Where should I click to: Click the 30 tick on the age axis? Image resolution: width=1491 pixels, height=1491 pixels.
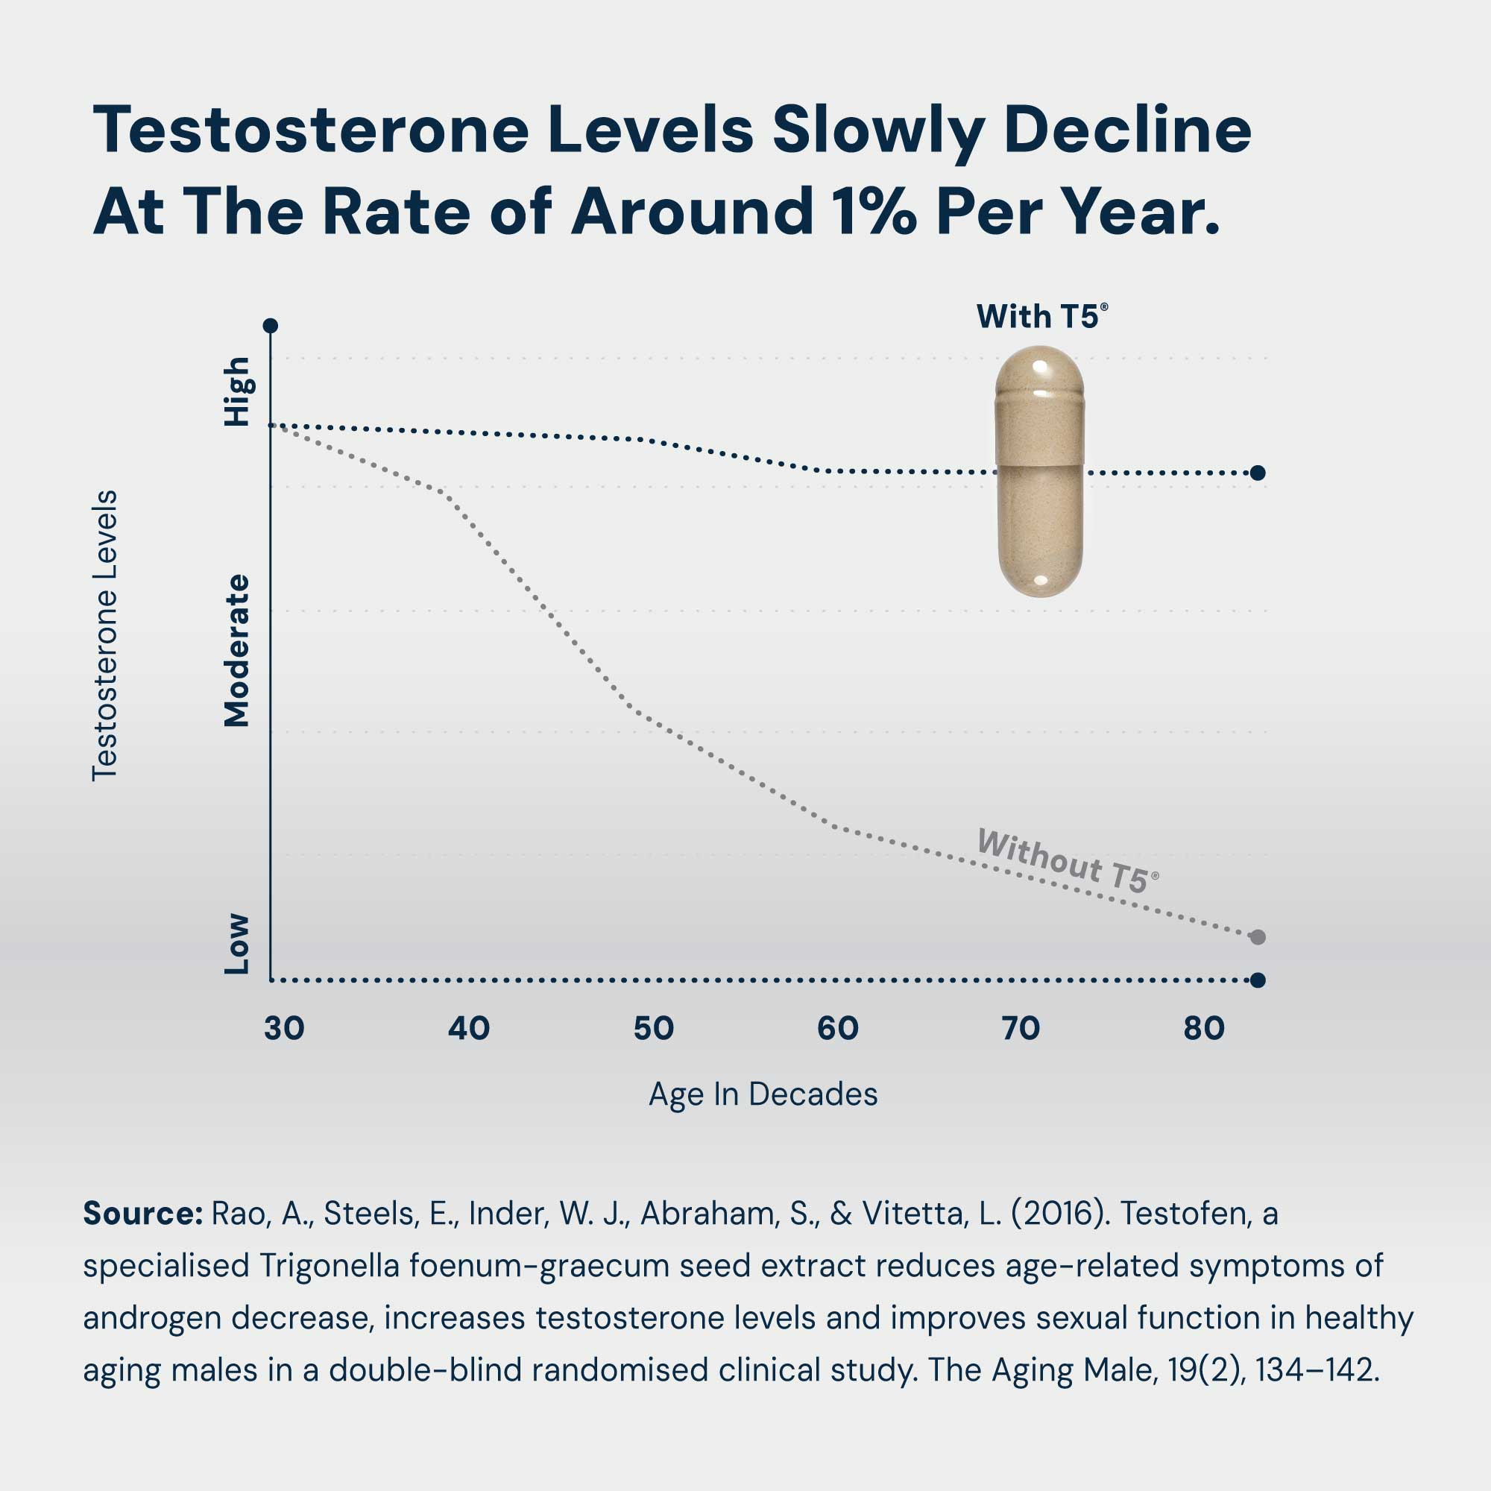click(284, 1029)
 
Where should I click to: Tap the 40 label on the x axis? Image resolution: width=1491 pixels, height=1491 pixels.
click(468, 1029)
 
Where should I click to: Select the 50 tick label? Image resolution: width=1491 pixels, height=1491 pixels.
click(653, 1029)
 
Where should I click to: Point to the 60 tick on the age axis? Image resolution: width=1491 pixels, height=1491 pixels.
click(837, 1029)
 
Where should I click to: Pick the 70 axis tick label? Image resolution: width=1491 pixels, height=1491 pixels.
click(1021, 1029)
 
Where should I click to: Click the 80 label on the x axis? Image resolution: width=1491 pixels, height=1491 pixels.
click(1204, 1029)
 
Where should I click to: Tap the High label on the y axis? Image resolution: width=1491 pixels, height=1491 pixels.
click(236, 391)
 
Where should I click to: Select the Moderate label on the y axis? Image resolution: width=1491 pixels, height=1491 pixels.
click(236, 651)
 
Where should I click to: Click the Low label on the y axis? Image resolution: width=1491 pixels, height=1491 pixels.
click(236, 944)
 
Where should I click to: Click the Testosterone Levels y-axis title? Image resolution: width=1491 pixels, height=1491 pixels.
click(105, 635)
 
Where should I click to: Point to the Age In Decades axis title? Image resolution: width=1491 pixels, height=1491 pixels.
click(763, 1094)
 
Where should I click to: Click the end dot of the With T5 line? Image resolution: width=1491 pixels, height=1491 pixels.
click(1257, 473)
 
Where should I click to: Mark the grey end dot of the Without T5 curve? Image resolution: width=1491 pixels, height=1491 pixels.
click(1257, 937)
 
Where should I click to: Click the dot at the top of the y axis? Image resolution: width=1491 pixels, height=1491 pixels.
click(270, 326)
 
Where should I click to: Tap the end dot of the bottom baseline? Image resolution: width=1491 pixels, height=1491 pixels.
click(1257, 980)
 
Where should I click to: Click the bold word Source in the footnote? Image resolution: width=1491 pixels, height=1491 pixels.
click(142, 1214)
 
